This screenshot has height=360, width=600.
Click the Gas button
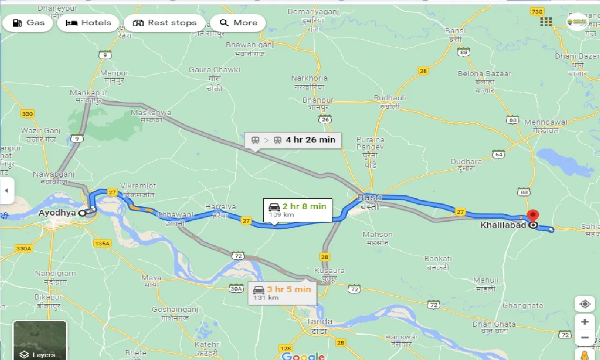click(28, 23)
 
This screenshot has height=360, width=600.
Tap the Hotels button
click(88, 23)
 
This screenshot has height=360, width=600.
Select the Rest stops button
click(165, 23)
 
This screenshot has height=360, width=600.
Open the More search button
click(238, 23)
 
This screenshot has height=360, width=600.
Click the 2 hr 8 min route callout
click(297, 210)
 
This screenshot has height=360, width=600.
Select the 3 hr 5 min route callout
click(282, 292)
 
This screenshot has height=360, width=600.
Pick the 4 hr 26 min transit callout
click(293, 140)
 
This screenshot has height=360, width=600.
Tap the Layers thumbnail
click(40, 340)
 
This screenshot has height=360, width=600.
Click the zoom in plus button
click(585, 322)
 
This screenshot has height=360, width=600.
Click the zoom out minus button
click(585, 337)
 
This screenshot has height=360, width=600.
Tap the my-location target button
click(585, 304)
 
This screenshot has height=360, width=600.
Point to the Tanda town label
click(319, 322)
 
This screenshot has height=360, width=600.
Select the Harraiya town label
click(220, 207)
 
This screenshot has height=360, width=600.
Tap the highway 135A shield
click(102, 243)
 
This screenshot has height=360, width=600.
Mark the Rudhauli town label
click(386, 98)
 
